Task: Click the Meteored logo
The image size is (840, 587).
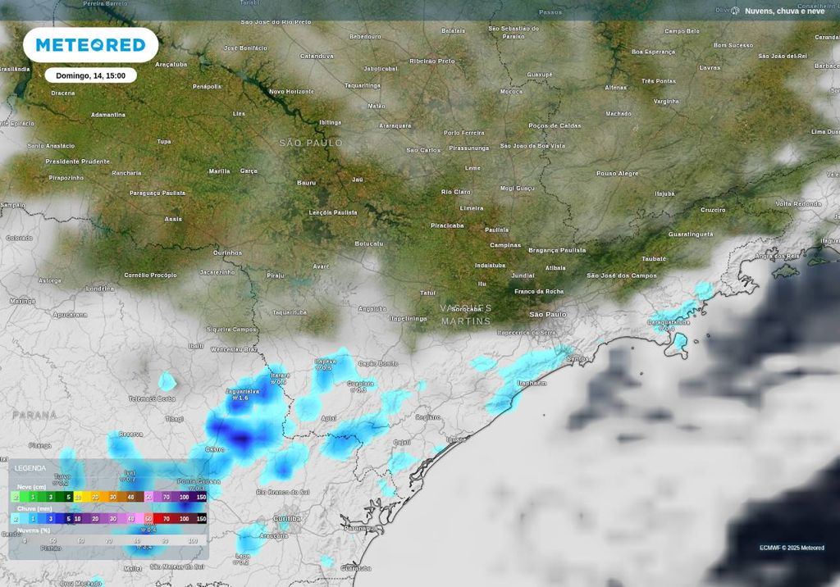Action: coord(90,45)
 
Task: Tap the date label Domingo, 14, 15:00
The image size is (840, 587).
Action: coord(90,75)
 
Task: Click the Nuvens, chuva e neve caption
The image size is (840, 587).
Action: coord(784,11)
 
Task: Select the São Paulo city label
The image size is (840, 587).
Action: coord(548,314)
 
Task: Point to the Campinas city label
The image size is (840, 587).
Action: coord(505,245)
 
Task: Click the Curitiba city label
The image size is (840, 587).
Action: coord(287,519)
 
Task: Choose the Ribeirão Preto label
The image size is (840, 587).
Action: coord(432,61)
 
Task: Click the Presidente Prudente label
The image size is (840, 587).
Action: coord(77,162)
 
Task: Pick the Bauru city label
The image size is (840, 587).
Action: coord(306,182)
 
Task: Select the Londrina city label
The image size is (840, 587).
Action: coord(100,289)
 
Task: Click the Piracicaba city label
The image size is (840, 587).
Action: coord(447,225)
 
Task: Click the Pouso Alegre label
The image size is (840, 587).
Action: coord(617,174)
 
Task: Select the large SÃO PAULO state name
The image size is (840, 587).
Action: coord(311,143)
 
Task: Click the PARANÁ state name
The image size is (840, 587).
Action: coord(34,416)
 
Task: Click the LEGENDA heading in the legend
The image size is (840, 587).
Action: coord(31,468)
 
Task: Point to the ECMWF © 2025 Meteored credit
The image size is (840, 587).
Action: coord(792,548)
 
